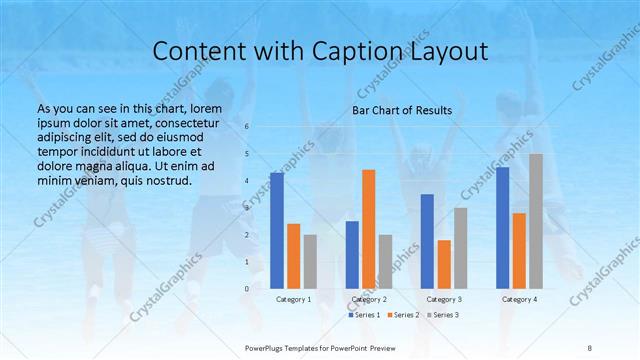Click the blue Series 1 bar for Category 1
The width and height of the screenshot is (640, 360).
pyautogui.click(x=277, y=230)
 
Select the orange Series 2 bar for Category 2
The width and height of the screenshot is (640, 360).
pyautogui.click(x=369, y=229)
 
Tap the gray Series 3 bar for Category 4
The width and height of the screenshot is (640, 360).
pyautogui.click(x=535, y=221)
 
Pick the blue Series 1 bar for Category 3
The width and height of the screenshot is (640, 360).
pyautogui.click(x=427, y=241)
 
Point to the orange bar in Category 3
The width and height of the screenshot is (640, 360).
pyautogui.click(x=444, y=264)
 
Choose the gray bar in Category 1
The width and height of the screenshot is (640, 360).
pyautogui.click(x=310, y=261)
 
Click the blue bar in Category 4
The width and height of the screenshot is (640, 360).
pyautogui.click(x=502, y=227)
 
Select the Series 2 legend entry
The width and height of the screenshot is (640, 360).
pyautogui.click(x=403, y=315)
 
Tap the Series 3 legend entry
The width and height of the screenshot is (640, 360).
pyautogui.click(x=443, y=315)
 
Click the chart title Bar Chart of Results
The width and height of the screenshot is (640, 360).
pyautogui.click(x=402, y=110)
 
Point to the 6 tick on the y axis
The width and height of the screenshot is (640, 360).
pyautogui.click(x=247, y=127)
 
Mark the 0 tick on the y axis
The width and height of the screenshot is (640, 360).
pyautogui.click(x=247, y=288)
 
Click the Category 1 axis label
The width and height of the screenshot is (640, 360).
pyautogui.click(x=293, y=299)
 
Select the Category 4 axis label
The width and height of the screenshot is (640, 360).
pyautogui.click(x=519, y=299)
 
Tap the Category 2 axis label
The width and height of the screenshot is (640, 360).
pyautogui.click(x=369, y=299)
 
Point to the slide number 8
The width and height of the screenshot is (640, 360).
pyautogui.click(x=590, y=347)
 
